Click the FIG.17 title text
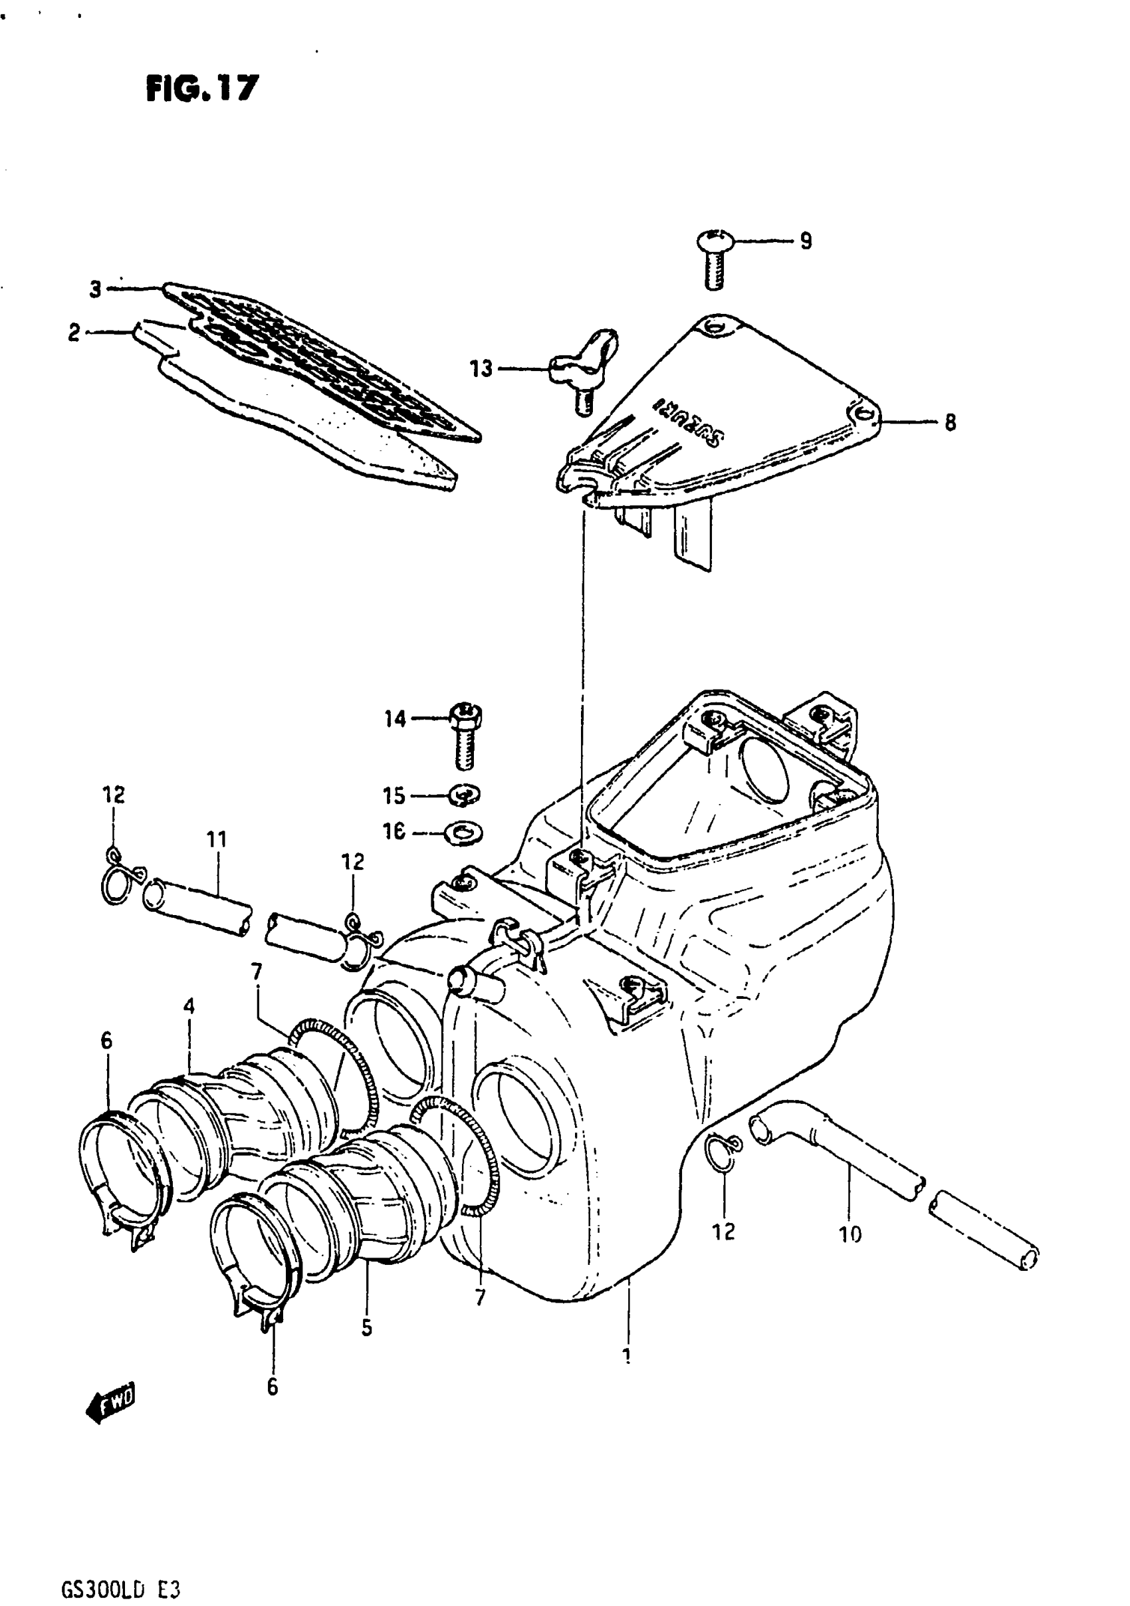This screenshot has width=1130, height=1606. [202, 89]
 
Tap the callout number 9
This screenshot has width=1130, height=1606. [806, 241]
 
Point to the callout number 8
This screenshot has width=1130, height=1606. [950, 422]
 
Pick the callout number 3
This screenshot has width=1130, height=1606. [96, 289]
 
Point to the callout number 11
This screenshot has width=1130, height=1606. [217, 839]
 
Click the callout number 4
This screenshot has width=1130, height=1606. [189, 1007]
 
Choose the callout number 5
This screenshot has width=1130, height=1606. [367, 1328]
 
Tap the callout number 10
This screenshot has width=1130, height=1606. [849, 1234]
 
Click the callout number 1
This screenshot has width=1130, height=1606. [627, 1355]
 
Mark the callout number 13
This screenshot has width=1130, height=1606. [481, 368]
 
